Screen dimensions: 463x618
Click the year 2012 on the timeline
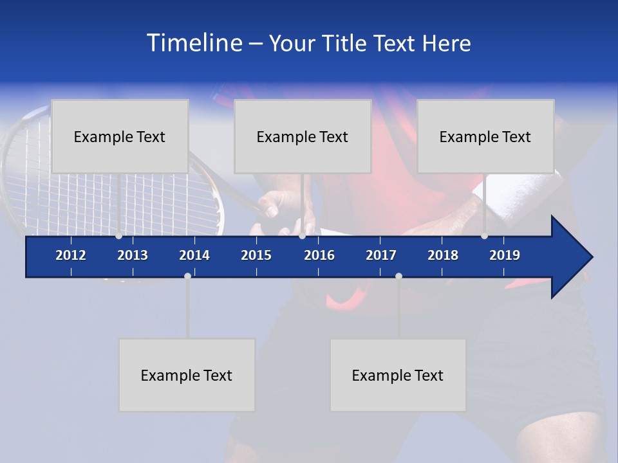(71, 255)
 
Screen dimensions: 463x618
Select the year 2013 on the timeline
(133, 255)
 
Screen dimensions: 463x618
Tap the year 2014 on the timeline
(194, 255)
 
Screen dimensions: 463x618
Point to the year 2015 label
(256, 255)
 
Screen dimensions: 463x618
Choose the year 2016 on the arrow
(319, 255)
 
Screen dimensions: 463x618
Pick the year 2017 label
(381, 255)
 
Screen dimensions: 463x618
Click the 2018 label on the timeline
(443, 255)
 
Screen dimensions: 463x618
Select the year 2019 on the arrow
(505, 255)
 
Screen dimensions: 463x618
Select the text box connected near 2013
(120, 136)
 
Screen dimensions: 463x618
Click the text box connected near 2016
(303, 136)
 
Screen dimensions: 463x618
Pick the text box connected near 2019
(485, 136)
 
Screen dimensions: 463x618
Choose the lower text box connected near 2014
(187, 375)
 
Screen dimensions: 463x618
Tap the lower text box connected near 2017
(398, 375)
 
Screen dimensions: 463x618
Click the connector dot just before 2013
(118, 236)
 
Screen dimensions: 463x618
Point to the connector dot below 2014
(187, 276)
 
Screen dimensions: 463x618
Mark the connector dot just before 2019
(484, 236)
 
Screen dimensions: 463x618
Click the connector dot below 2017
(398, 276)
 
